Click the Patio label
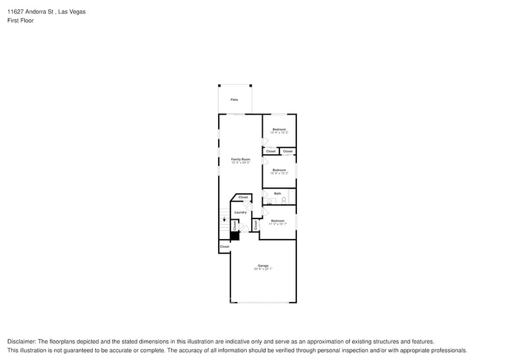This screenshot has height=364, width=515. [234, 100]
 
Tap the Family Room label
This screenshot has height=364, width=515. [240, 159]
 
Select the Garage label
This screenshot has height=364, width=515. [263, 266]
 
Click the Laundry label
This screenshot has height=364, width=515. [240, 212]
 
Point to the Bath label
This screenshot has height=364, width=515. [278, 193]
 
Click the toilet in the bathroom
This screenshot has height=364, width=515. [284, 200]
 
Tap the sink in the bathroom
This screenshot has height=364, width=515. [269, 202]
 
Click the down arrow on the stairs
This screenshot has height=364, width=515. [224, 219]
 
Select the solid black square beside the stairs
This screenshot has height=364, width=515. [235, 235]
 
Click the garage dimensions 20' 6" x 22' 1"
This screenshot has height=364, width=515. [263, 269]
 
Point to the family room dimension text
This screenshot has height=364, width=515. [240, 163]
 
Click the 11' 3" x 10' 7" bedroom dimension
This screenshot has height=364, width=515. [278, 223]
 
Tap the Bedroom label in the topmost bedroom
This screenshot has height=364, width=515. [279, 129]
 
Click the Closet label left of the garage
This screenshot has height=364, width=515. [224, 246]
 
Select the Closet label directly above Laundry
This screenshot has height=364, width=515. [243, 197]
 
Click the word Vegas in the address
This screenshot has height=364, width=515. [77, 12]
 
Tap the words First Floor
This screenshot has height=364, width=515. [20, 20]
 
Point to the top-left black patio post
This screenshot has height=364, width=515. [219, 85]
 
